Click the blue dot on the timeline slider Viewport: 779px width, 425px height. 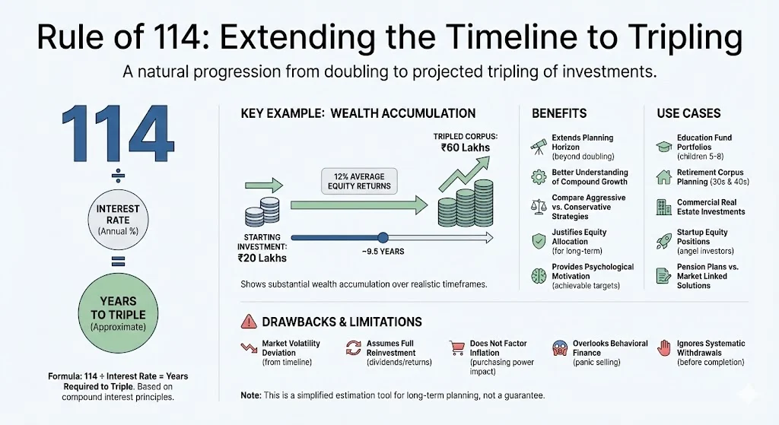383,237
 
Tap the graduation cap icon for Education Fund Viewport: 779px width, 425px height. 663,143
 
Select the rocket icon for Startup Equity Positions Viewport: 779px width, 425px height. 663,241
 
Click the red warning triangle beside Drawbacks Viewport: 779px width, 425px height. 248,322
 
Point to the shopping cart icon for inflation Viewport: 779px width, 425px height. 456,347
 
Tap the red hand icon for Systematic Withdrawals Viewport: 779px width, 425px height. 663,347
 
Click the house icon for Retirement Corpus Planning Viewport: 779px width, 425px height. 663,177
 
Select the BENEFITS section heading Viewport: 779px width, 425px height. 559,113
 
